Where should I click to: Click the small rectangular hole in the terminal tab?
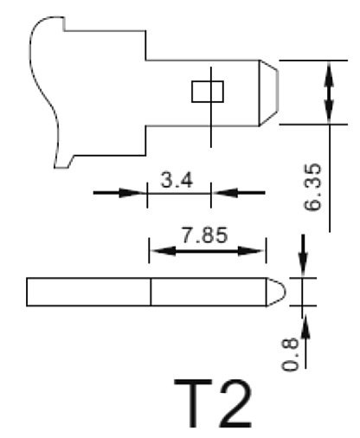tap(207, 91)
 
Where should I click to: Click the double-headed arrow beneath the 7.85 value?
tap(208, 251)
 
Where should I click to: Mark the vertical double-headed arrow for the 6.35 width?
tap(329, 91)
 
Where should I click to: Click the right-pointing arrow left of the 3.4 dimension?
tap(121, 193)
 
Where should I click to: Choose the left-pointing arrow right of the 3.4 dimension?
tap(238, 193)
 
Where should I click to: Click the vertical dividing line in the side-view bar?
tap(151, 292)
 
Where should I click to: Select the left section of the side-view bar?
tap(89, 292)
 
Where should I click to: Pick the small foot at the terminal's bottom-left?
tap(67, 160)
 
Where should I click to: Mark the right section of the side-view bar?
tap(208, 292)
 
